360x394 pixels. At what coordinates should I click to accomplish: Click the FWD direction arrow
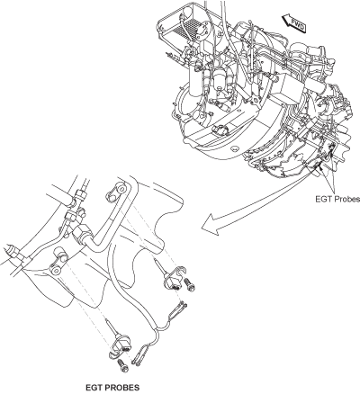294,23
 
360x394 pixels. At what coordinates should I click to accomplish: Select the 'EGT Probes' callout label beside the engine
337,199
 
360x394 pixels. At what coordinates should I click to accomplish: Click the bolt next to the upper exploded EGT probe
190,284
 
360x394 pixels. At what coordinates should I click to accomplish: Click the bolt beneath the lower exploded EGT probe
123,364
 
